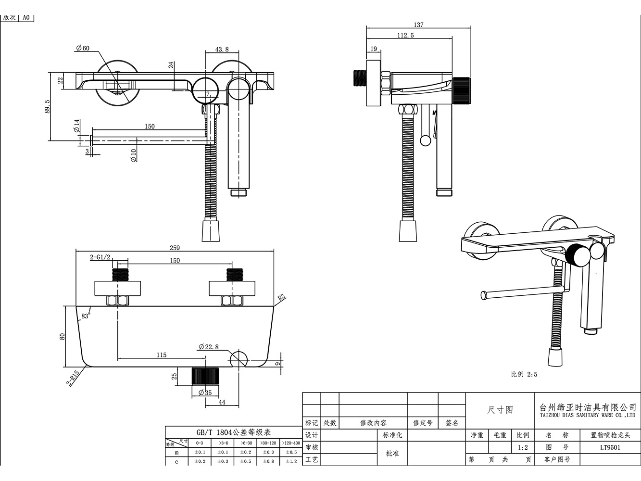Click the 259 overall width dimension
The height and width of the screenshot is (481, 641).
coord(175,248)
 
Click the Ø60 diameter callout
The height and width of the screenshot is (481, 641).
coord(83,48)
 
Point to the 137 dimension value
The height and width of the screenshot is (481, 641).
coord(418,25)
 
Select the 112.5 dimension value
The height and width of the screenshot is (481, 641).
coord(405,35)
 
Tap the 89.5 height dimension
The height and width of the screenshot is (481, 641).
coord(47,107)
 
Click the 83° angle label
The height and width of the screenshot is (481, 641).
coord(86,316)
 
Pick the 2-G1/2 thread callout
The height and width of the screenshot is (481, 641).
coord(101,257)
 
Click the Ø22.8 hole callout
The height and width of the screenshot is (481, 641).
coord(208,347)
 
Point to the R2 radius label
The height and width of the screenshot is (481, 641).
coord(281,297)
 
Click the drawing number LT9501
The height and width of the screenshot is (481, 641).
coord(610,447)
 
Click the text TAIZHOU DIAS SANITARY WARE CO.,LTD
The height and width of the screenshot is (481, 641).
coord(588,415)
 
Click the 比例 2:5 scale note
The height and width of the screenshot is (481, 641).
coord(524,374)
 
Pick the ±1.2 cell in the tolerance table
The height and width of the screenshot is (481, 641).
coord(291,461)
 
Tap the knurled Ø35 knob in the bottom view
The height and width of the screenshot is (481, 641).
coord(205,376)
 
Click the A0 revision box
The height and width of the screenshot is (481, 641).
coord(26,18)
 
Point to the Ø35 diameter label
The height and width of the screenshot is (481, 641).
coord(205,392)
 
